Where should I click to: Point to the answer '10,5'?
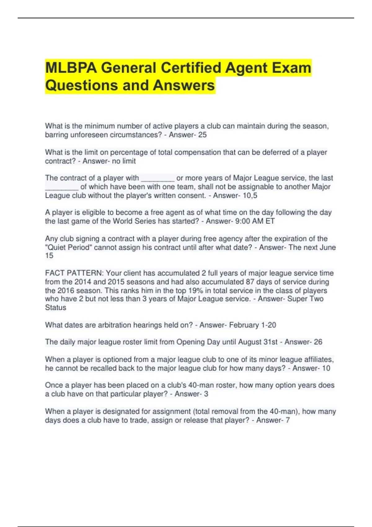coord(250,196)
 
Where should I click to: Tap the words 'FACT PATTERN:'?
coord(74,273)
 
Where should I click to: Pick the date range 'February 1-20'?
coord(252,325)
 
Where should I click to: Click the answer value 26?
coord(318,342)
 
